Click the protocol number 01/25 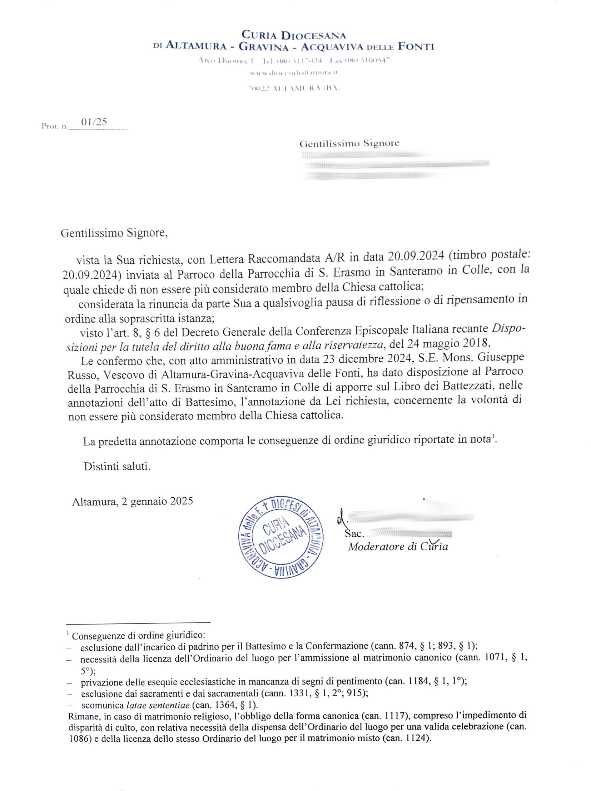pyautogui.click(x=94, y=122)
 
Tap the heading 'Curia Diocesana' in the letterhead pyautogui.click(x=293, y=35)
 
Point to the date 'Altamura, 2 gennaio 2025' pyautogui.click(x=133, y=501)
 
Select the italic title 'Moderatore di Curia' pyautogui.click(x=398, y=547)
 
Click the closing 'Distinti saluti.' pyautogui.click(x=117, y=467)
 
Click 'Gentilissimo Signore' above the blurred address pyautogui.click(x=349, y=144)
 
